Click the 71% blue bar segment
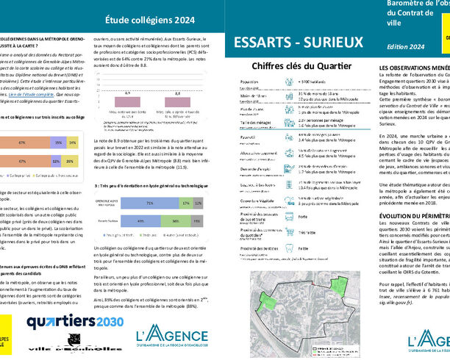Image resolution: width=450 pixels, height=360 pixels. [x=150, y=203]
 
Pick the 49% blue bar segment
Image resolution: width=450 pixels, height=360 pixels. [x=140, y=220]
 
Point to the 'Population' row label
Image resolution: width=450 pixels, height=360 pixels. [x=249, y=82]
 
